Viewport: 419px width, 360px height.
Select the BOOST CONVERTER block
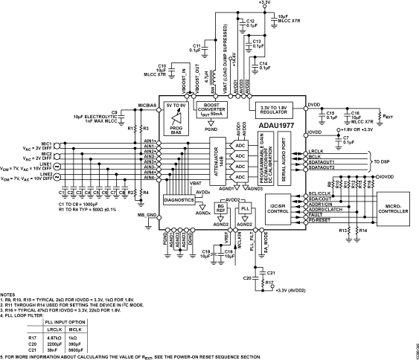214,109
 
